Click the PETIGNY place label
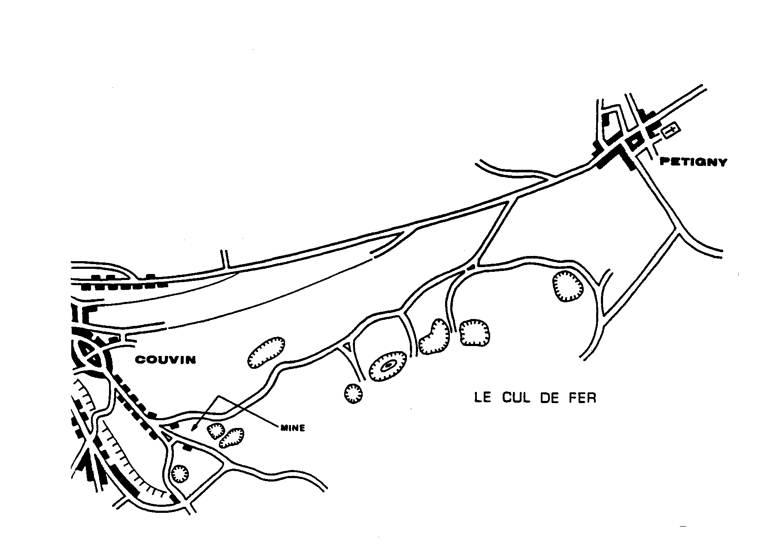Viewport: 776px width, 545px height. pyautogui.click(x=693, y=162)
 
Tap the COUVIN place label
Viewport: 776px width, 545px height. pyautogui.click(x=166, y=360)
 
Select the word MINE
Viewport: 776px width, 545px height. pyautogui.click(x=292, y=428)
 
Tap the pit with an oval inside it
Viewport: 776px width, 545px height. pyautogui.click(x=388, y=365)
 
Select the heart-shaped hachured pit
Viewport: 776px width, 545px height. pyautogui.click(x=434, y=337)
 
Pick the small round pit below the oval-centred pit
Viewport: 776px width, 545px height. pyautogui.click(x=353, y=392)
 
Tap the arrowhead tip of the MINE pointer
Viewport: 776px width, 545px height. pyautogui.click(x=194, y=428)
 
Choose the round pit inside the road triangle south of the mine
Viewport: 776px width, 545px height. pyautogui.click(x=180, y=474)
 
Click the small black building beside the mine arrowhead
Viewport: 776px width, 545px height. pyautogui.click(x=174, y=426)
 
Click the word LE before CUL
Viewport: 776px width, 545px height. pyautogui.click(x=482, y=397)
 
